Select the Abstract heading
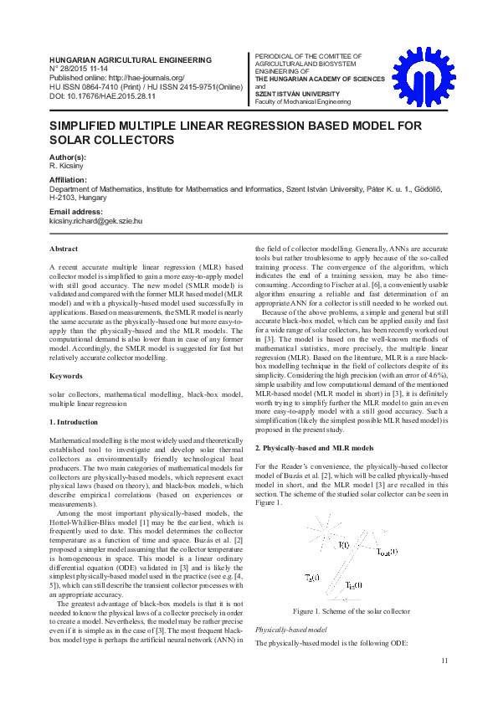pyautogui.click(x=64, y=250)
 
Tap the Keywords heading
pyautogui.click(x=66, y=376)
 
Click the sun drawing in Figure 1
pyautogui.click(x=321, y=531)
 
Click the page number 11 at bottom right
pyautogui.click(x=444, y=662)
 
